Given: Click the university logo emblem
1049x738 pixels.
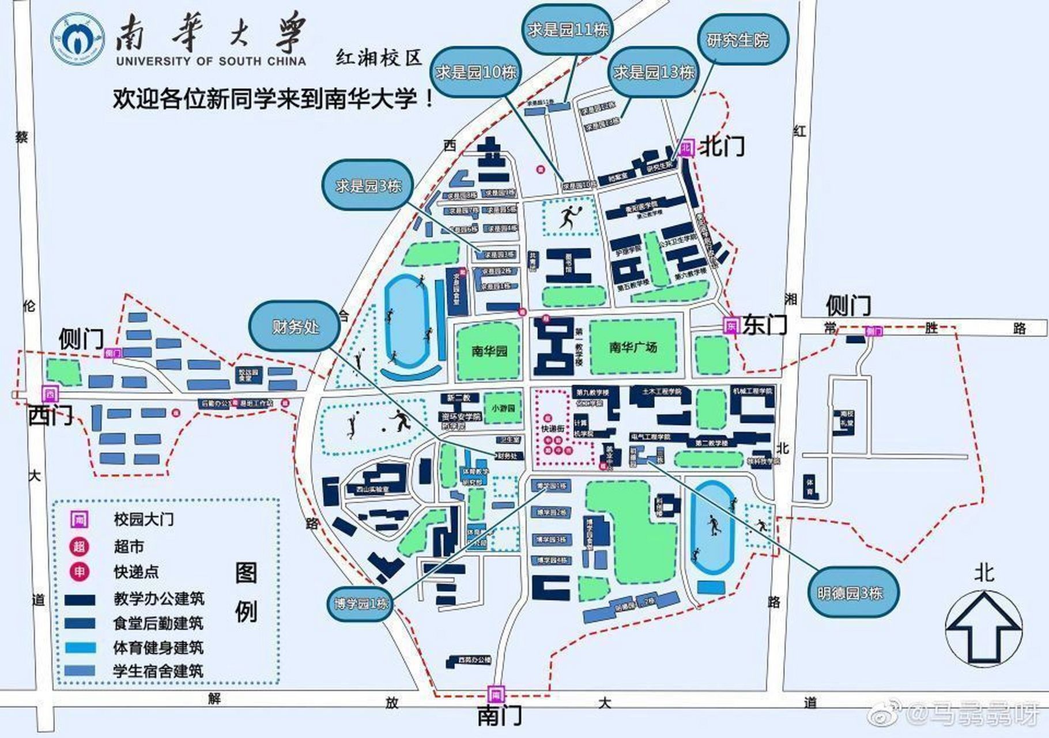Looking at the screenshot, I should click(x=78, y=39).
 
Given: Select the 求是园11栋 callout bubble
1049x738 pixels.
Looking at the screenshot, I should click(x=568, y=29).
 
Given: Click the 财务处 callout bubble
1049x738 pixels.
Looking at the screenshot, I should click(x=295, y=327).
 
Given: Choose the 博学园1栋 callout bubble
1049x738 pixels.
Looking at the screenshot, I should click(x=361, y=603).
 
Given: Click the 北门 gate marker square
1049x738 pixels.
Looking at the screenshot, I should click(x=685, y=148).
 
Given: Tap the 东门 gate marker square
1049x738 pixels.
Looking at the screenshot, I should click(x=731, y=326).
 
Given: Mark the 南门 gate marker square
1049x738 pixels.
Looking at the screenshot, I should click(x=496, y=694).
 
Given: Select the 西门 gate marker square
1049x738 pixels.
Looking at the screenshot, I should click(x=50, y=394).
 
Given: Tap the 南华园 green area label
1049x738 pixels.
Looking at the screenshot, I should click(x=489, y=351).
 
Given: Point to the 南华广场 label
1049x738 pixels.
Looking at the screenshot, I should click(x=633, y=347).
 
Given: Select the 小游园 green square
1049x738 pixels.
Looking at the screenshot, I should click(x=503, y=408).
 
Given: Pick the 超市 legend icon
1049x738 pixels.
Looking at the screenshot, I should click(x=79, y=546).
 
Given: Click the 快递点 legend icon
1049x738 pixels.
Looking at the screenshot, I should click(x=79, y=571).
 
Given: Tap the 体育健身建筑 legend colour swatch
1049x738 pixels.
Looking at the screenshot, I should click(x=80, y=647).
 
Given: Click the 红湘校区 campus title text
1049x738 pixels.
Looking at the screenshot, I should click(x=379, y=58).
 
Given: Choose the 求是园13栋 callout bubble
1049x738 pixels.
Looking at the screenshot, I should click(x=654, y=72).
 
